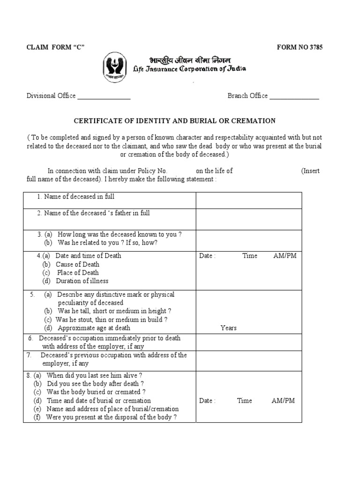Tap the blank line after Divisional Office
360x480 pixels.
[104, 97]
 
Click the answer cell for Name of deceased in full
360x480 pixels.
[248, 200]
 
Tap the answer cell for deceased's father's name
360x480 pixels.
[248, 219]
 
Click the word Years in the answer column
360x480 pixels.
[229, 328]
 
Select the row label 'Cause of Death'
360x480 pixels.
[77, 264]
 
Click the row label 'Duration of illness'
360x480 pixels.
[82, 281]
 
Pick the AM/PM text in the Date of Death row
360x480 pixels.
[285, 256]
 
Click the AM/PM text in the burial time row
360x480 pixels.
[283, 401]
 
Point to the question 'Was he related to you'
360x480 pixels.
[107, 243]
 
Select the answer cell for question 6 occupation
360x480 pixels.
[248, 342]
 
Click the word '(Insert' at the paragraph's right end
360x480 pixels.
[310, 171]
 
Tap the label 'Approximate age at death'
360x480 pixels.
[94, 328]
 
